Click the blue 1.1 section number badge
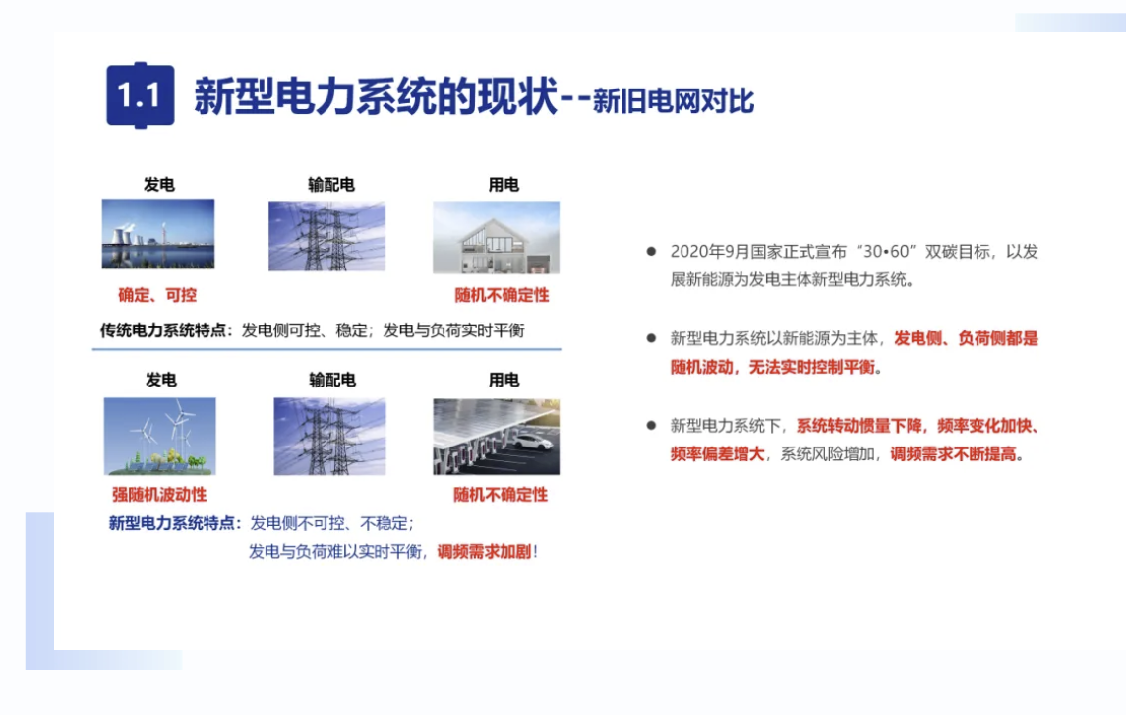click(140, 95)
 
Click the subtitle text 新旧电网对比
click(674, 101)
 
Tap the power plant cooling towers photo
click(158, 234)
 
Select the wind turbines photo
click(159, 437)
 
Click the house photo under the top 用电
click(497, 238)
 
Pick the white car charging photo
click(497, 437)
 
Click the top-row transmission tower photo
click(326, 236)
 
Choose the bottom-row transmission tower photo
click(329, 437)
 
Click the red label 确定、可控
click(157, 295)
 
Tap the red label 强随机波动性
click(159, 495)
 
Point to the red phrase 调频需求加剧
click(484, 552)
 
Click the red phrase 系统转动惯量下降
click(859, 426)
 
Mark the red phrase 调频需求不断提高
click(954, 454)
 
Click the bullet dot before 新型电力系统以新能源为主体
click(651, 338)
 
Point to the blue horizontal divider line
click(326, 349)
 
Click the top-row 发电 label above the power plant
click(158, 185)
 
